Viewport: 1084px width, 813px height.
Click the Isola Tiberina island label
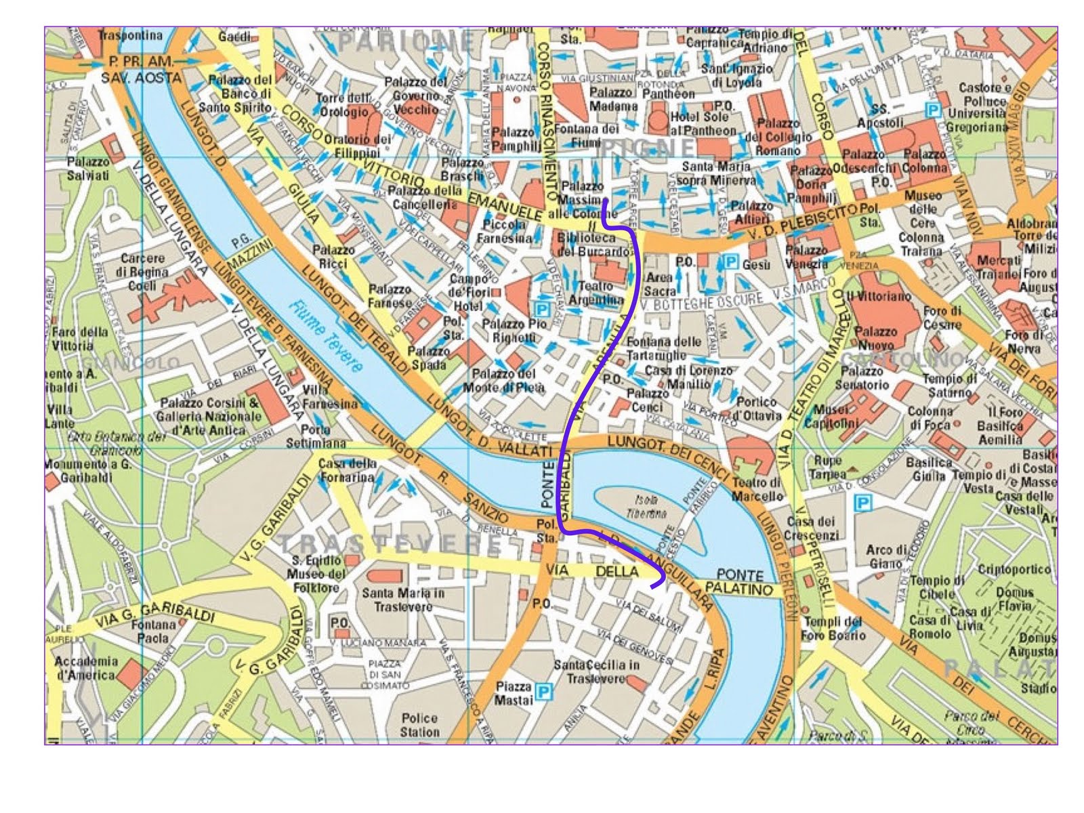pos(650,507)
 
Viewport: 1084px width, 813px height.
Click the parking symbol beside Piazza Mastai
pos(543,691)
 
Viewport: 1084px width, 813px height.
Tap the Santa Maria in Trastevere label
pos(403,600)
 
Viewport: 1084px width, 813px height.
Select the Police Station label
pos(419,725)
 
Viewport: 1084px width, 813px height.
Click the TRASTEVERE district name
pos(390,544)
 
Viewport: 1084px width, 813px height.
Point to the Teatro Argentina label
pos(596,293)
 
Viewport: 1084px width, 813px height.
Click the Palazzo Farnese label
pos(390,296)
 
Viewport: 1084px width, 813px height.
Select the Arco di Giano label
pos(886,556)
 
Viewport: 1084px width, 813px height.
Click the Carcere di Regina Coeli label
pos(142,272)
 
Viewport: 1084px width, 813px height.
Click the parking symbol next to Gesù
pos(730,262)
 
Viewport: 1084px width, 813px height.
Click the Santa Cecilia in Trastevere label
pos(596,671)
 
